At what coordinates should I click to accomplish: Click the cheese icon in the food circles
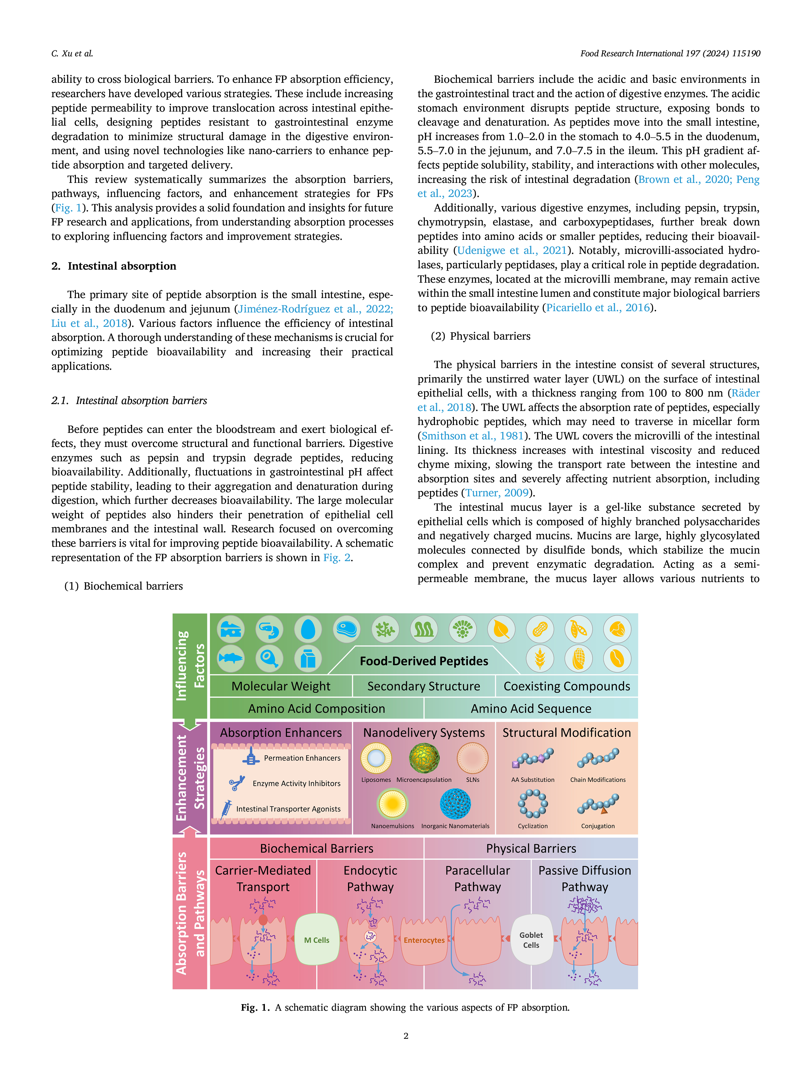231,629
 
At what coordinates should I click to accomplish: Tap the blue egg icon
308,629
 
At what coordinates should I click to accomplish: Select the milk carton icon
308,658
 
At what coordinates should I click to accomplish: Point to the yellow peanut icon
540,629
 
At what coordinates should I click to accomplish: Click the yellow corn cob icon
578,658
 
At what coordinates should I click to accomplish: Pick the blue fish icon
231,658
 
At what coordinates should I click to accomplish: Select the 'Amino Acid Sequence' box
531,708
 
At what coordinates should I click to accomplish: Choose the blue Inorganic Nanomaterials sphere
455,804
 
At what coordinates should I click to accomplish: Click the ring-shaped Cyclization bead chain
533,804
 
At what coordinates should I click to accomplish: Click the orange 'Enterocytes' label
424,940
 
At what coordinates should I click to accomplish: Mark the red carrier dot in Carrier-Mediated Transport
263,920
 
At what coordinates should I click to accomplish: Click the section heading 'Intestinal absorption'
122,266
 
